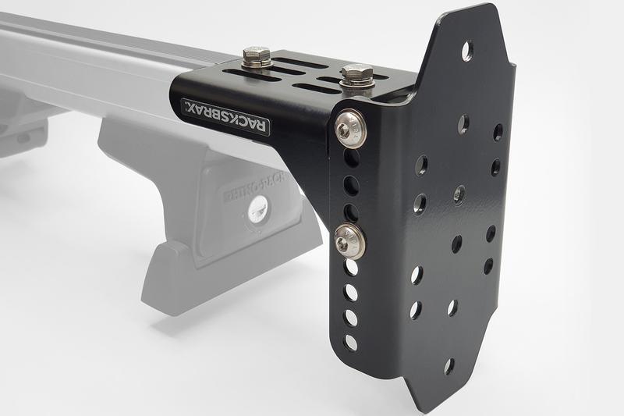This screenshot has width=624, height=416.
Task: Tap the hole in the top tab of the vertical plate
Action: coord(466,51)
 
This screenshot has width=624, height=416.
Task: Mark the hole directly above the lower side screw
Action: coord(352,212)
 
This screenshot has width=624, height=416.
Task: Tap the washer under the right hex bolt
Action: coord(357,85)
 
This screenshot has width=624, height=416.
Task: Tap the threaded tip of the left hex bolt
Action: coord(256,51)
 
